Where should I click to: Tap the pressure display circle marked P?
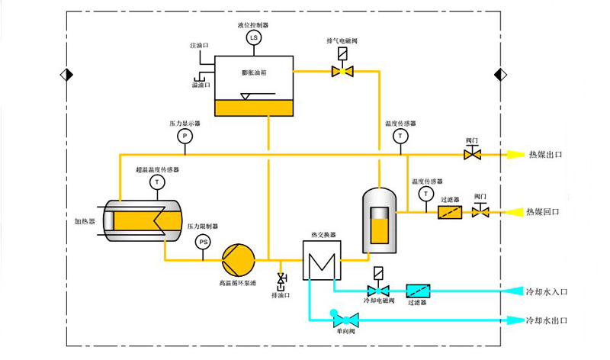point(184,136)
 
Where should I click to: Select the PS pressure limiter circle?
point(203,242)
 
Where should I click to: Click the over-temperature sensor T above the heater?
point(157,182)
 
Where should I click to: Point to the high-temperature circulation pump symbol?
point(238,259)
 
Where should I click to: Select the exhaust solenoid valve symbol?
point(342,71)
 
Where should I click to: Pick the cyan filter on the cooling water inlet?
point(418,290)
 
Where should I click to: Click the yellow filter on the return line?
point(449,211)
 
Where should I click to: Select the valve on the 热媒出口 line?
point(472,154)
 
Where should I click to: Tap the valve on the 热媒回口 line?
point(480,211)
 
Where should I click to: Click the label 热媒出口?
point(544,155)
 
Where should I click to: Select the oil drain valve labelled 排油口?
point(282,279)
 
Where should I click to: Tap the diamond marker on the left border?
point(64,74)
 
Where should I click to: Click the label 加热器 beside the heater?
point(85,221)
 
